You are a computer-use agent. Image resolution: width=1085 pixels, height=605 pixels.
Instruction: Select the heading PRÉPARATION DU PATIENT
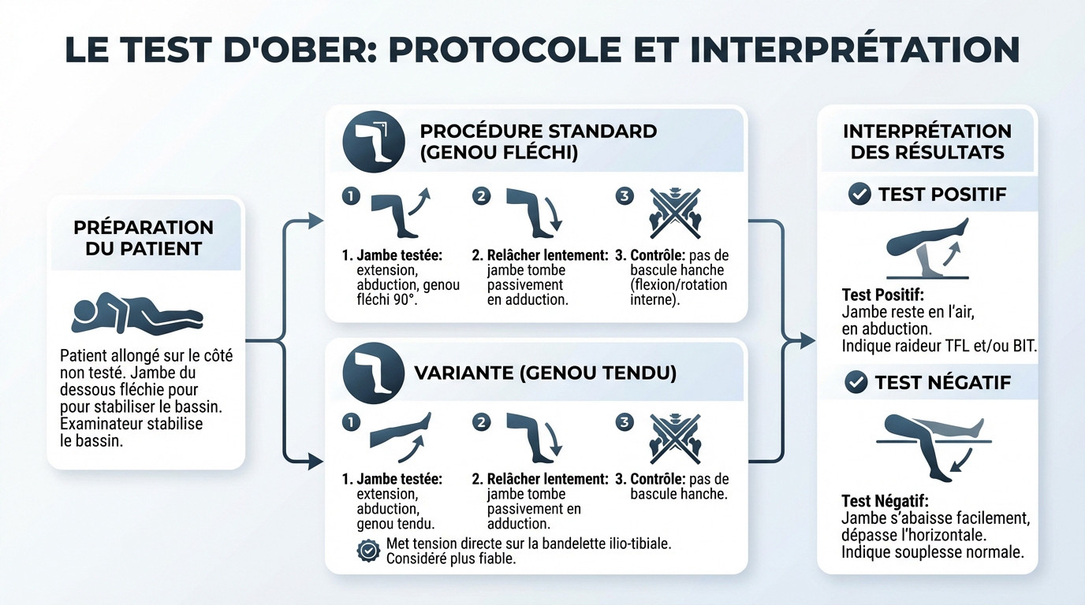pos(144,238)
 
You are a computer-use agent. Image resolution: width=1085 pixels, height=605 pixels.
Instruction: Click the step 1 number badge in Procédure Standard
pos(351,196)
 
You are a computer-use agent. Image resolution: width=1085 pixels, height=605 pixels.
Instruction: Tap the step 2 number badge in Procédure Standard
pos(481,196)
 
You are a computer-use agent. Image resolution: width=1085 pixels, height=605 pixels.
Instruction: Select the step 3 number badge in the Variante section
pos(625,423)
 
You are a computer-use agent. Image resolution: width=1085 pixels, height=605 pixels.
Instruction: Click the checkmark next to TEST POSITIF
pos(859,194)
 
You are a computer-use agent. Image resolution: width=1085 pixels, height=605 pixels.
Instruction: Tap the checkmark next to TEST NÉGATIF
pos(856,383)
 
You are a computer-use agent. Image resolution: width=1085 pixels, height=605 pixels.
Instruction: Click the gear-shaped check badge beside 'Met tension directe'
pos(368,551)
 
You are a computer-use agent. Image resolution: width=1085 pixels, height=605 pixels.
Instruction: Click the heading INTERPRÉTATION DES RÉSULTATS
pos(927,141)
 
